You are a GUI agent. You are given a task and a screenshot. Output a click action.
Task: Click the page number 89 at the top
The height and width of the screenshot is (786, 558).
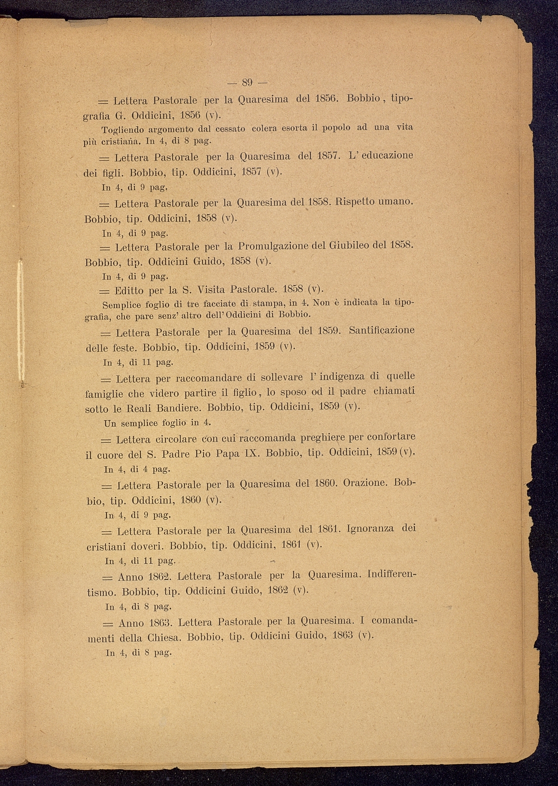tap(248, 83)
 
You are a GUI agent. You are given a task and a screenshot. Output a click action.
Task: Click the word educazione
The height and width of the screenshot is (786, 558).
tap(387, 155)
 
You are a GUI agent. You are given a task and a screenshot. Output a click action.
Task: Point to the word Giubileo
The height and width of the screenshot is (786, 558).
tap(352, 246)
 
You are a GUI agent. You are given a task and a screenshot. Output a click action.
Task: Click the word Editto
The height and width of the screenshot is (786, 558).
tap(130, 290)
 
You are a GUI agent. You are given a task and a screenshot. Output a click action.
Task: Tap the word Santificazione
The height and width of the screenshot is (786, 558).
tap(381, 330)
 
